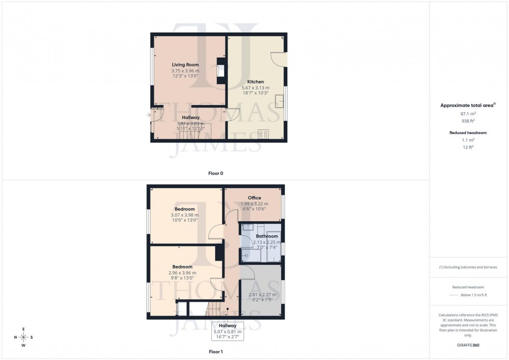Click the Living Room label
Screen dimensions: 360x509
point(185,65)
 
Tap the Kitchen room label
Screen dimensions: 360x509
point(255,82)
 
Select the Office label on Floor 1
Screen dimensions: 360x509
point(254,198)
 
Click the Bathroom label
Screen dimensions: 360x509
point(267,236)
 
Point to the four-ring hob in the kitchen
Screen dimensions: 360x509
point(264,134)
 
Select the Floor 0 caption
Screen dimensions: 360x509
point(216,173)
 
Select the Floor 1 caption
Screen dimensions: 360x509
point(216,352)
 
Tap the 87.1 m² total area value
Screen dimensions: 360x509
point(468,113)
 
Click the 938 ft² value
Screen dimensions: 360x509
point(468,121)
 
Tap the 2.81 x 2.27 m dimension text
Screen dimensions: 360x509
point(262,295)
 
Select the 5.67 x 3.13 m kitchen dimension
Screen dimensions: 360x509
point(255,88)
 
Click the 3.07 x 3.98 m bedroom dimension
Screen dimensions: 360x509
point(184,215)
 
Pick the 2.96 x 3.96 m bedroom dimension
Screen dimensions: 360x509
point(182,273)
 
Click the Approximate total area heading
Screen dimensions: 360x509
point(468,105)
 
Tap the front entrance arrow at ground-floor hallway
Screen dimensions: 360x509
point(150,115)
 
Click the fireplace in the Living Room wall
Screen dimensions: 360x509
point(222,71)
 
